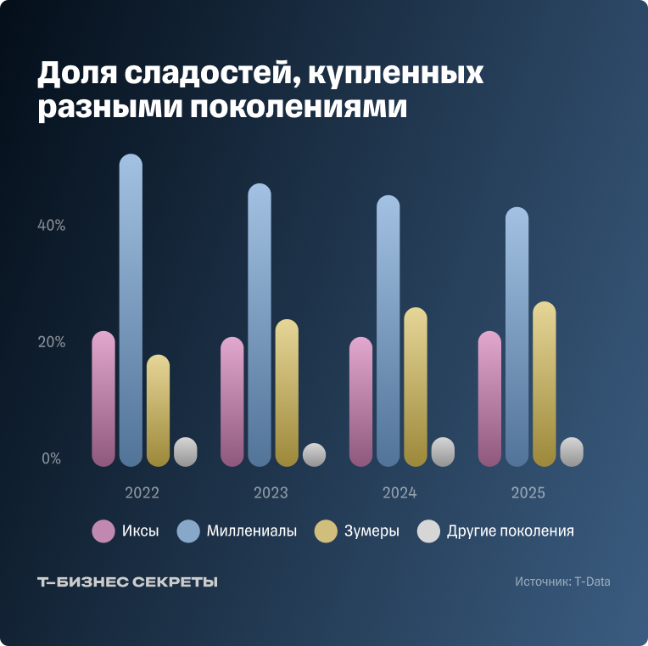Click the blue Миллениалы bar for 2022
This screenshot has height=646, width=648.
click(131, 311)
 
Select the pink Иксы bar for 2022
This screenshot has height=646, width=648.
click(103, 399)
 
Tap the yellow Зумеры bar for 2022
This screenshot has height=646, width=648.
click(158, 411)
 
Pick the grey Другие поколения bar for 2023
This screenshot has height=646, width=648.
click(314, 455)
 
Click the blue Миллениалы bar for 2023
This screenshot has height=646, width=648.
click(260, 325)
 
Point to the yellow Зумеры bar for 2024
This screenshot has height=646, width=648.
click(416, 387)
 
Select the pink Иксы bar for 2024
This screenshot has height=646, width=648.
click(360, 402)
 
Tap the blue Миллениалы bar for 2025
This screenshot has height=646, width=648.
click(517, 337)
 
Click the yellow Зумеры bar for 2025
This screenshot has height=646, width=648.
click(545, 384)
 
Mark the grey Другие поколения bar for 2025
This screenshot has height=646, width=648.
click(572, 452)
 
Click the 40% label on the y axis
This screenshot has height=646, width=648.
click(50, 226)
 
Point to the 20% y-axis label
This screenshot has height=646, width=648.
click(50, 342)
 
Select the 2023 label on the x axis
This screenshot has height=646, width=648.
click(271, 493)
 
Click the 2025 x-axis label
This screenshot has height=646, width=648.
click(528, 493)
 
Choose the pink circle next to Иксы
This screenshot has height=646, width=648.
click(103, 531)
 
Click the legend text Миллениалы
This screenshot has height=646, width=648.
click(252, 531)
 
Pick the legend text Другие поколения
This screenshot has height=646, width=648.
click(511, 531)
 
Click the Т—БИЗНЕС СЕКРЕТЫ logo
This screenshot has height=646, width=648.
click(128, 582)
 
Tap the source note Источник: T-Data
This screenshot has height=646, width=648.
click(561, 582)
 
